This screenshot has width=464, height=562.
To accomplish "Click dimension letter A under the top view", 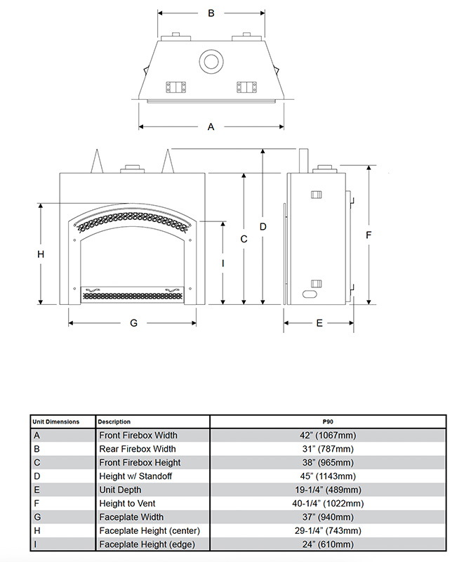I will click(x=211, y=127).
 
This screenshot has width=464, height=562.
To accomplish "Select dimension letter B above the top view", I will click(x=211, y=13).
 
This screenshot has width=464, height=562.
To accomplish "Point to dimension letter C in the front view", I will click(x=244, y=239).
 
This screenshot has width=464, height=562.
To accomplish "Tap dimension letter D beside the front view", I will click(x=263, y=226).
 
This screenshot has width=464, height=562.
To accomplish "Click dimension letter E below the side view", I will click(x=319, y=323).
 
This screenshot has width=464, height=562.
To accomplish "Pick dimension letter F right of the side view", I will click(x=369, y=235).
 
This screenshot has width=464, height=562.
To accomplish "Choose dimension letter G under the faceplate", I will click(x=133, y=323).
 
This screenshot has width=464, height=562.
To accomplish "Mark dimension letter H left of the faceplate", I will click(x=41, y=254).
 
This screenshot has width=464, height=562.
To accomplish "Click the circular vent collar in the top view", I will click(x=210, y=62).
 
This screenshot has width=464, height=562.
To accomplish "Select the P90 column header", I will click(x=327, y=421).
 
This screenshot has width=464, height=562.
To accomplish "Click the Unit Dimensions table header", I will click(x=55, y=421).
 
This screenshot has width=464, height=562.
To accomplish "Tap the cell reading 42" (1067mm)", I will click(x=327, y=436).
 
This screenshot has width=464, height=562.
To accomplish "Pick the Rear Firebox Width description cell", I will click(x=138, y=449).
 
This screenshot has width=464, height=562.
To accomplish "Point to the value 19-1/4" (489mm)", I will click(x=327, y=490).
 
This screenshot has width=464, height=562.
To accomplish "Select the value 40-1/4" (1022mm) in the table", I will click(x=327, y=504).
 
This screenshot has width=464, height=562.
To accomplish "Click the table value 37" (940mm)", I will click(x=327, y=517).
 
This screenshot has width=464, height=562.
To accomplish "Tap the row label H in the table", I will click(x=37, y=531).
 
